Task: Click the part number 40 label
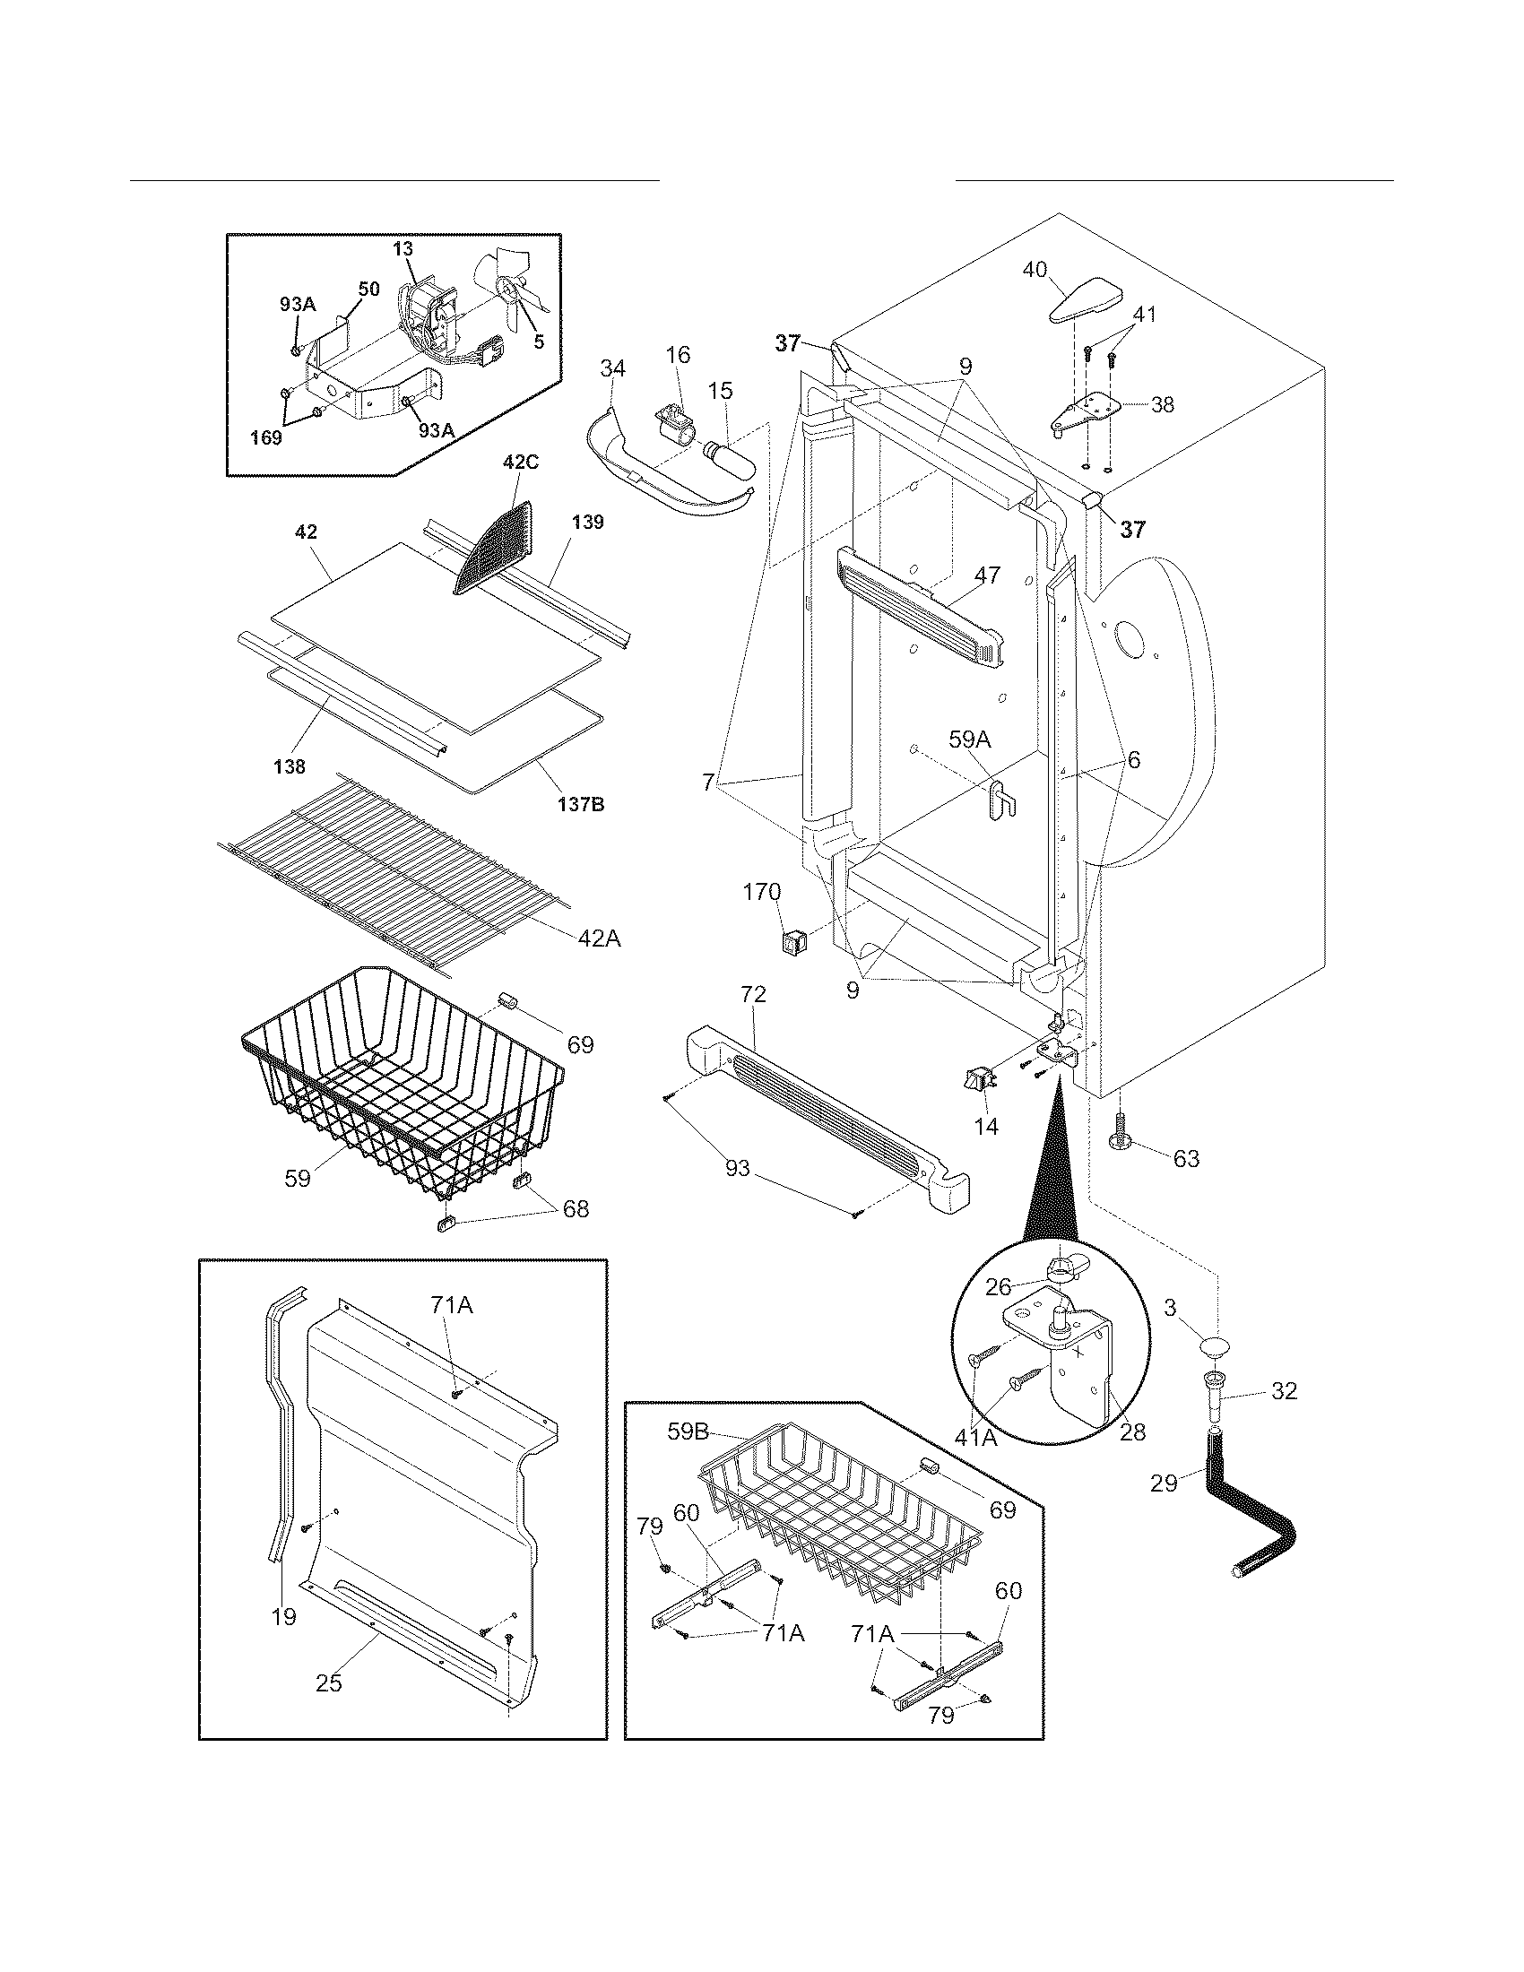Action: click(1035, 269)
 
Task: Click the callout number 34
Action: click(613, 368)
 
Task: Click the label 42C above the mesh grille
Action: click(520, 463)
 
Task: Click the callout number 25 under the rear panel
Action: click(329, 1683)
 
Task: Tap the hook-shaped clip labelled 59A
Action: click(1001, 798)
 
